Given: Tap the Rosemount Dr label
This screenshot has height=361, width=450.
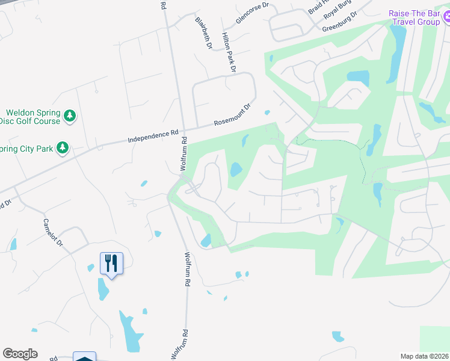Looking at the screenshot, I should pos(232,116).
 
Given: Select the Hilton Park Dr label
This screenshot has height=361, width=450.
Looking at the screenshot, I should pos(229,52).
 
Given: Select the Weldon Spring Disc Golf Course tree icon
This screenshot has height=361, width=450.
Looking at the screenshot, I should pos(70,116).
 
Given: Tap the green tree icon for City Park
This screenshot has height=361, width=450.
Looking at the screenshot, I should pos(62,147).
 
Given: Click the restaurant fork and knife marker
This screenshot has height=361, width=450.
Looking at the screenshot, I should pos(111,263).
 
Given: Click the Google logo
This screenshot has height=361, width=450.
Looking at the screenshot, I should pos(20,354).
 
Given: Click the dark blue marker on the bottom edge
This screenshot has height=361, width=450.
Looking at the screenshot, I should pos(85,357).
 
